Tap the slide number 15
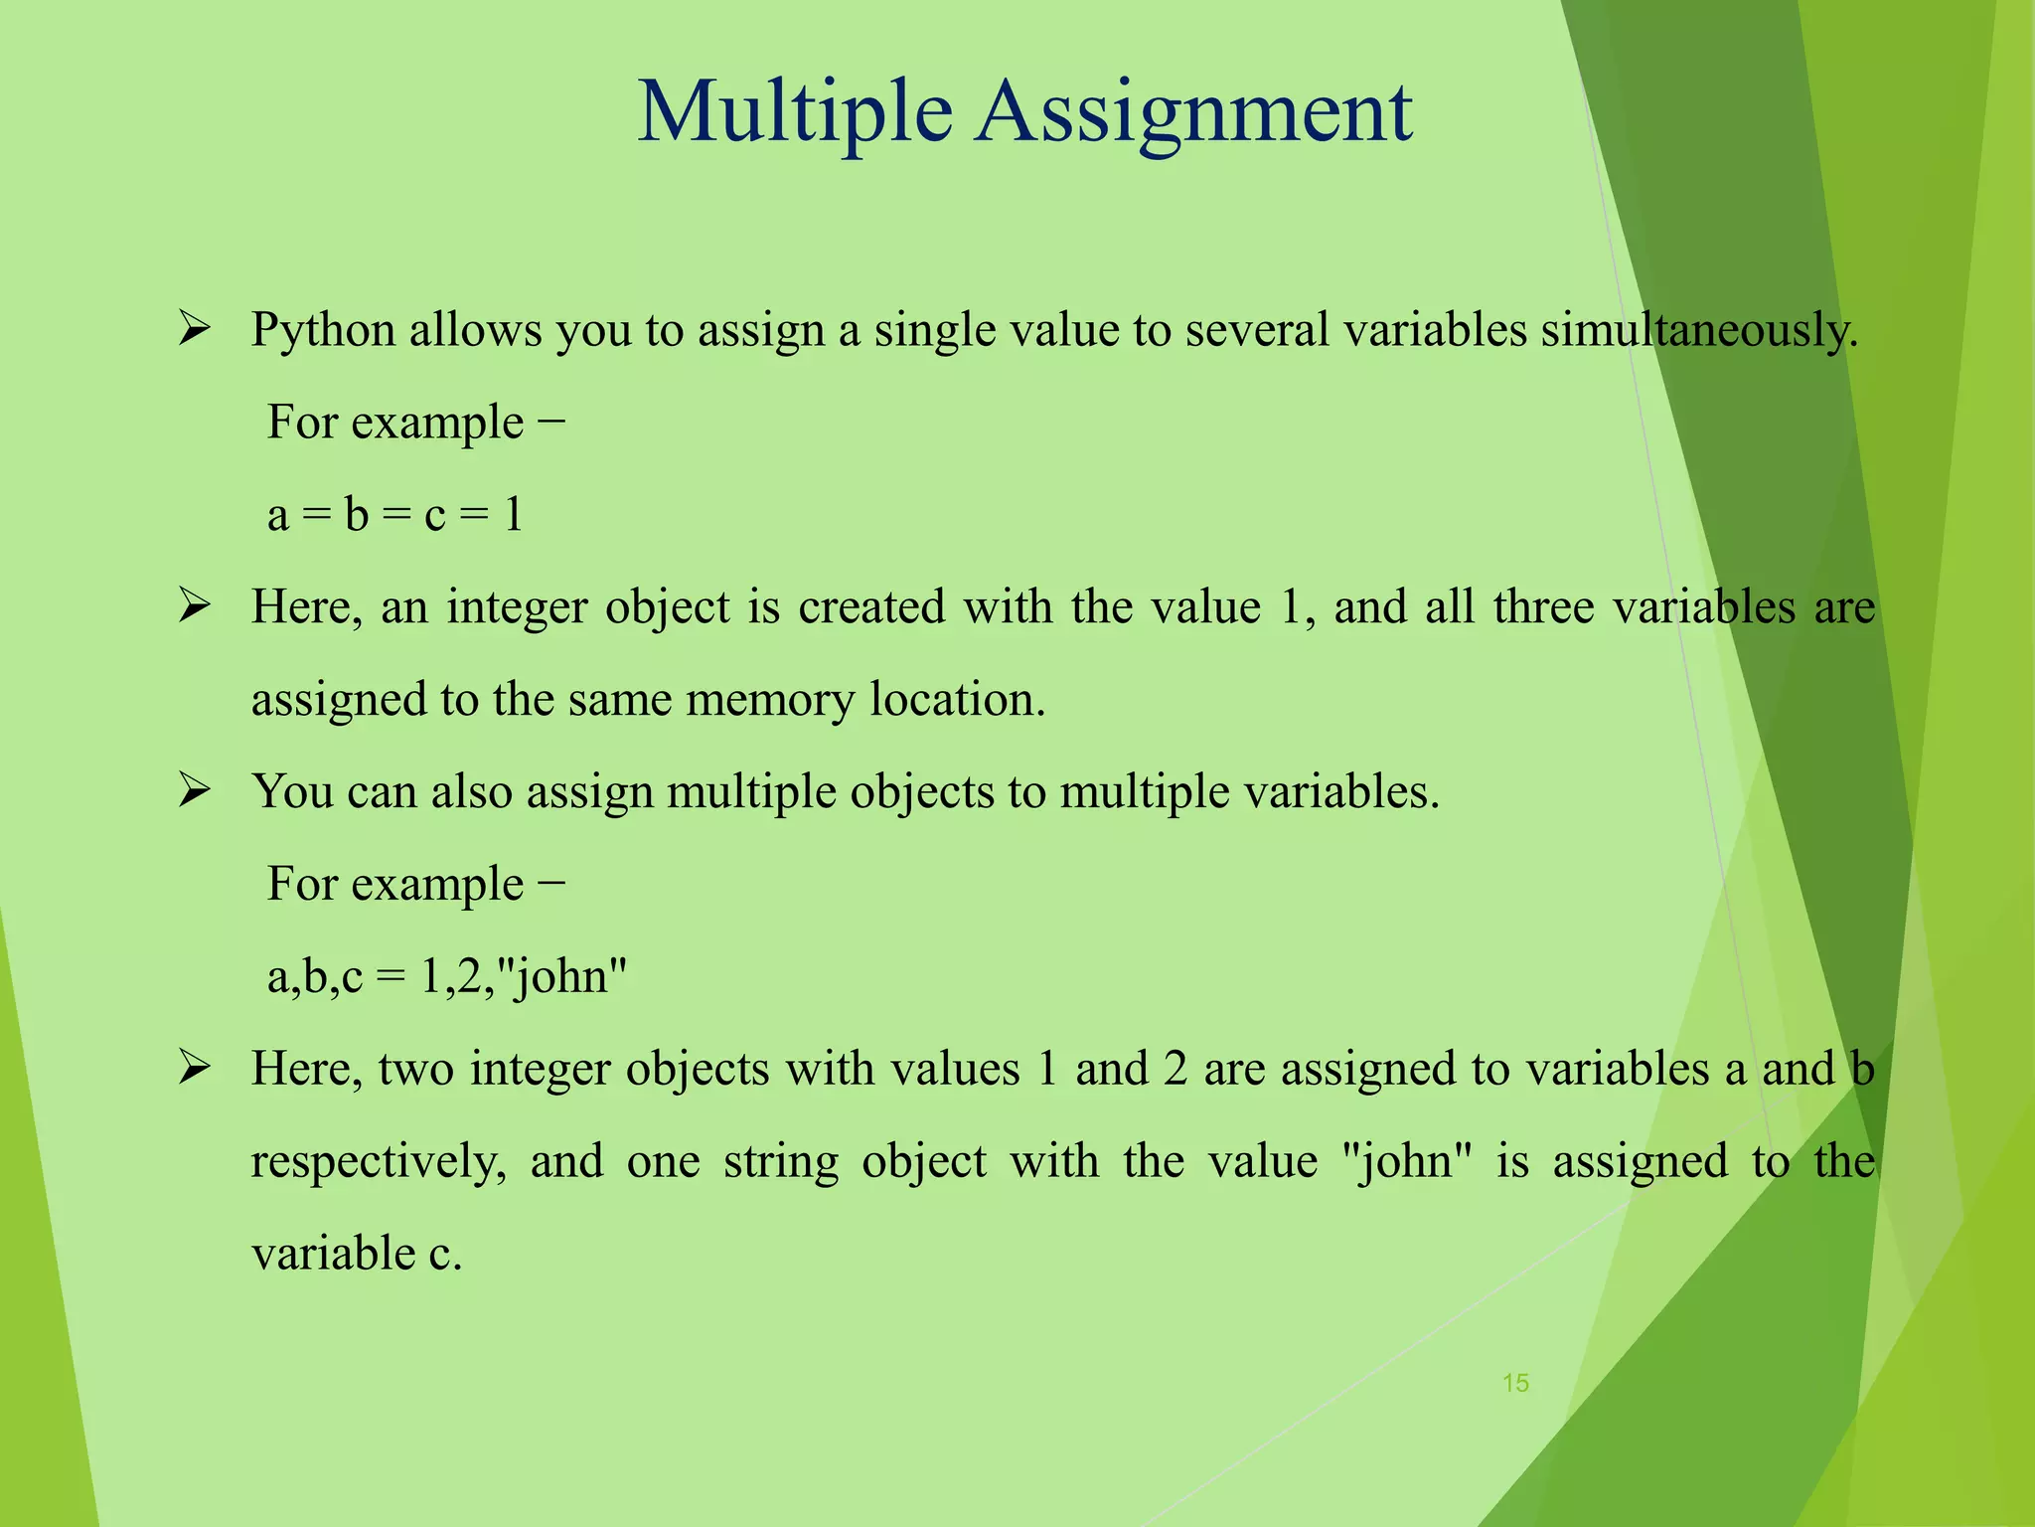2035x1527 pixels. (x=1515, y=1383)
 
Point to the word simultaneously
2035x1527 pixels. (x=1699, y=330)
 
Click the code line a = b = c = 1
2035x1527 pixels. (x=394, y=515)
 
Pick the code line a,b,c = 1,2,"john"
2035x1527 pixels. (x=447, y=976)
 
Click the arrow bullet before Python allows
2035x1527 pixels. (x=194, y=328)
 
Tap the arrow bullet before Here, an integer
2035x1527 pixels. (x=194, y=605)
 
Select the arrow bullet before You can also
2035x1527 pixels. (x=194, y=790)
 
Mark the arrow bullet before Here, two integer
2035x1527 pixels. (x=194, y=1068)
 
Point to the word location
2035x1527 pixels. (x=957, y=699)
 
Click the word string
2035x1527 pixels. (x=781, y=1161)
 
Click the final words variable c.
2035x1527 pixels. (x=357, y=1253)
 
